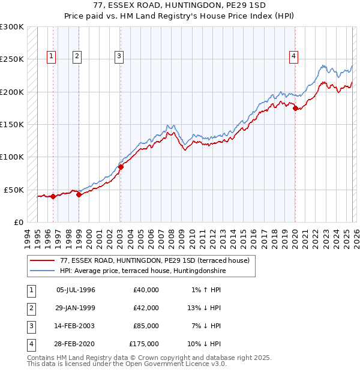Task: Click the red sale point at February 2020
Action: [x=295, y=109]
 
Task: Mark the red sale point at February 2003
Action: [x=121, y=167]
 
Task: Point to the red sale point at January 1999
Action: [x=79, y=194]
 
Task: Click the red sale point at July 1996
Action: [x=53, y=196]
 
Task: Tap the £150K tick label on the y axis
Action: [x=12, y=125]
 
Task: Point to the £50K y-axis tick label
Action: [x=14, y=190]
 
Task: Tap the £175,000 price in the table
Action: [x=144, y=344]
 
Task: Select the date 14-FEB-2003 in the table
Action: [x=76, y=326]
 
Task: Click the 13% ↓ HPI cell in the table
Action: [x=205, y=308]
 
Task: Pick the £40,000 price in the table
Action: [x=146, y=290]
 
